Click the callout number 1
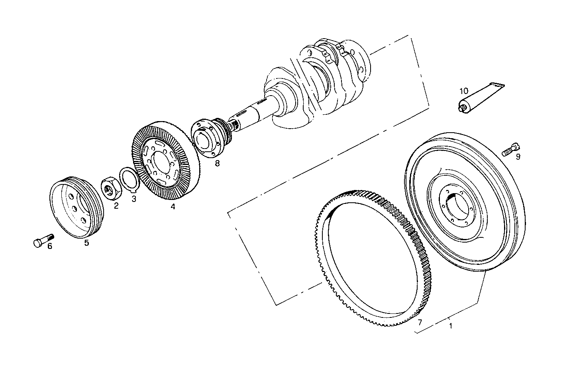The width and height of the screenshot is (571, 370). pos(450,325)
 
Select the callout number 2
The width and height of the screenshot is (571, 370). pos(116,206)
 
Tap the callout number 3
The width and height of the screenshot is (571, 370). pos(134,198)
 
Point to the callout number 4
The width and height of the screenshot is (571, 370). pos(173,206)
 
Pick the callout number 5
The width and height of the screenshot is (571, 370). pos(86,243)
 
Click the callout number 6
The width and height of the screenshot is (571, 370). pos(49,246)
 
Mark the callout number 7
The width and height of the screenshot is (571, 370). pos(419,321)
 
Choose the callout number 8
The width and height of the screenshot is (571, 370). pos(217,163)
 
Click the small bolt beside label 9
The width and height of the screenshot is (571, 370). pos(508,150)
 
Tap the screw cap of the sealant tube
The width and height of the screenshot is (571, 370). pos(462,108)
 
